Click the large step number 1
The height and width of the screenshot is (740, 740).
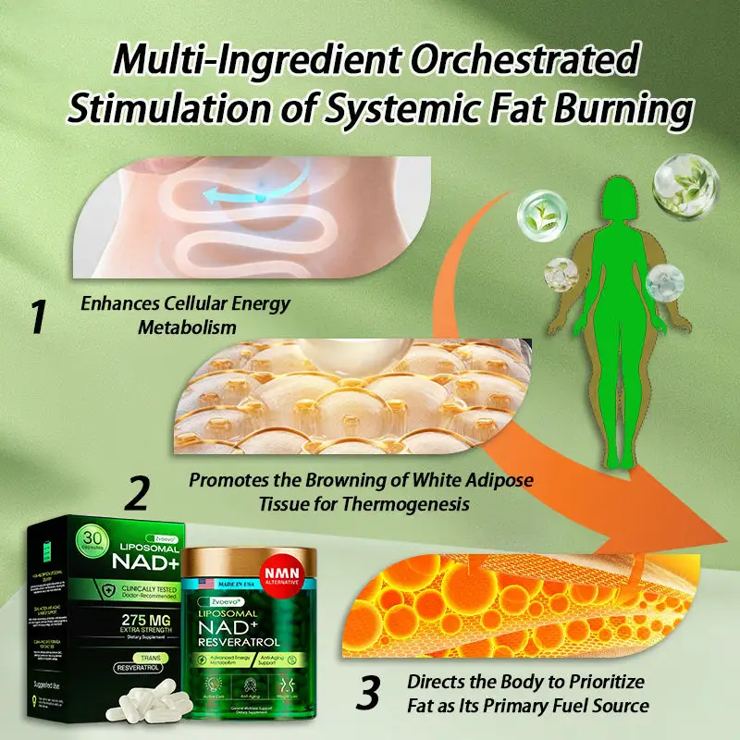point(37,316)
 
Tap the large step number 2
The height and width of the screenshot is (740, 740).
point(136,493)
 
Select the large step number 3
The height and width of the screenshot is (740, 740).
point(368,693)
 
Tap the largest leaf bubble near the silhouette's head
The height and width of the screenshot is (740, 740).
point(685,184)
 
